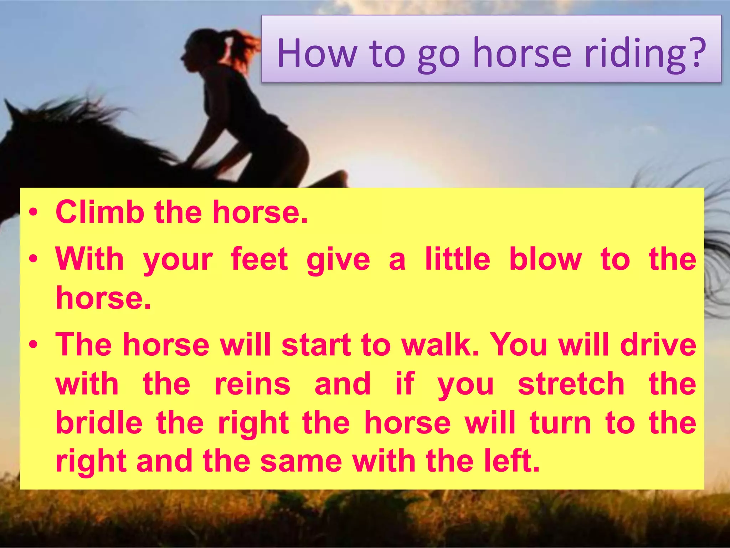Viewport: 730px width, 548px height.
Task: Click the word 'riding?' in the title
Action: pyautogui.click(x=645, y=54)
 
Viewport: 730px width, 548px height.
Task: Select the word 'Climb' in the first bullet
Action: pyautogui.click(x=100, y=212)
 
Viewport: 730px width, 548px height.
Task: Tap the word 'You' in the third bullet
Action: pyautogui.click(x=519, y=345)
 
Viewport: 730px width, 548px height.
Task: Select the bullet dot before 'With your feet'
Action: pyautogui.click(x=34, y=259)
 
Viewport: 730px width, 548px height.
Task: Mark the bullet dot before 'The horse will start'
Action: pyautogui.click(x=34, y=345)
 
